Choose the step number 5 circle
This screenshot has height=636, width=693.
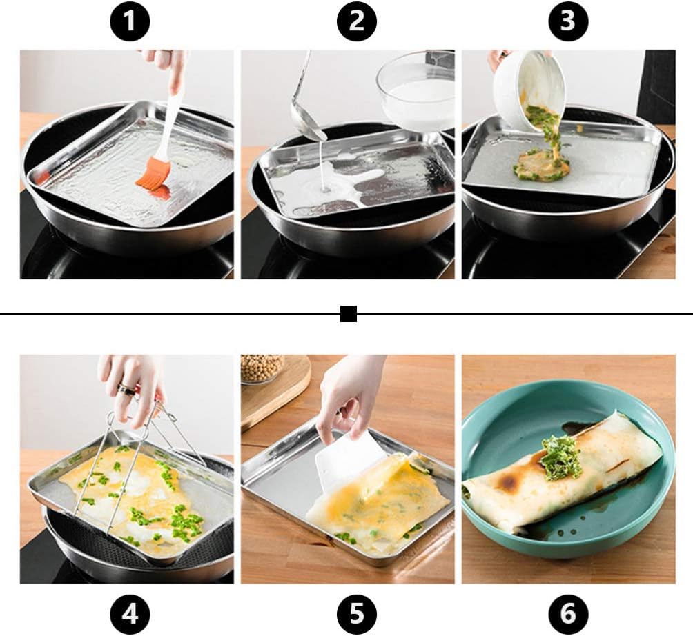coord(355,612)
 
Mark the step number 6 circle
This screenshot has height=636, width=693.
coord(567,612)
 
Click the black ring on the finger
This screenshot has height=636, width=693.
coord(126,390)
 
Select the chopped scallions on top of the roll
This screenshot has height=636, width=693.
coord(560,458)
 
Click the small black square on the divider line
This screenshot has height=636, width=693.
coord(349,315)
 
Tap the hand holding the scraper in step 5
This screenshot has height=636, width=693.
coord(349,393)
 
